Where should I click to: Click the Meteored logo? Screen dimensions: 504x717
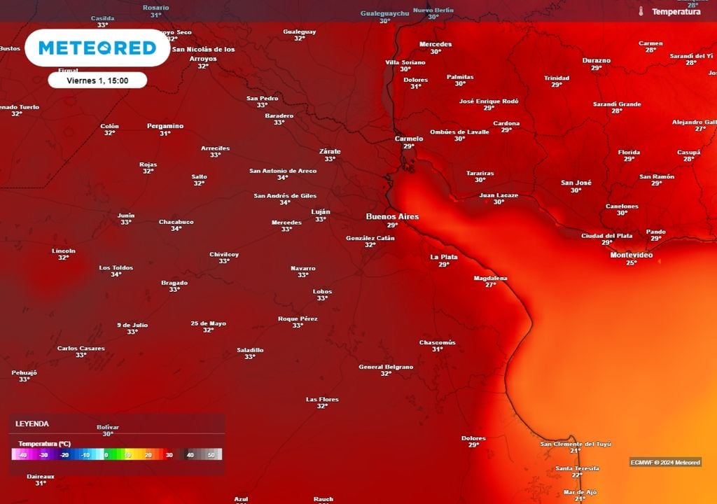[x=97, y=48]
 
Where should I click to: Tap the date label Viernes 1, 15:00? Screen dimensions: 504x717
[x=97, y=80]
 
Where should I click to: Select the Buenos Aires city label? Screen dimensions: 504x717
[x=392, y=217]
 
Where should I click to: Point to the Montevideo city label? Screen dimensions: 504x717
[x=632, y=255]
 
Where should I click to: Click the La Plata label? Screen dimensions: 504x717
[x=444, y=257]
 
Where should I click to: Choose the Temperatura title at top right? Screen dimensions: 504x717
[x=676, y=12]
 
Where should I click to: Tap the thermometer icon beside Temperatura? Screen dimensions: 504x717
[x=641, y=12]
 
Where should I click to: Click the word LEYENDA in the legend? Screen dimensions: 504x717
[x=32, y=424]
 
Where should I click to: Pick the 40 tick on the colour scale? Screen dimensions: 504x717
[x=190, y=455]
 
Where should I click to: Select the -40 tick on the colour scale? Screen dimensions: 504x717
[x=22, y=455]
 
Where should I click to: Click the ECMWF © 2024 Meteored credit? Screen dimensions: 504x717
[x=665, y=462]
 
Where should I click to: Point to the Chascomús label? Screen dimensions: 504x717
[x=438, y=342]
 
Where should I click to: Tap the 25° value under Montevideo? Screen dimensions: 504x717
[x=632, y=263]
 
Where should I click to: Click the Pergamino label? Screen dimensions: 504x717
[x=165, y=126]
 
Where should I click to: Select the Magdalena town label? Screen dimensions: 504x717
[x=490, y=278]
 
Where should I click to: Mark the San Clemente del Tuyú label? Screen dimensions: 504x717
[x=576, y=444]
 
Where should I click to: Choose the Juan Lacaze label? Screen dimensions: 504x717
[x=499, y=195]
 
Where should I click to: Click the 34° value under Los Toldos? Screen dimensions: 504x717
[x=116, y=274]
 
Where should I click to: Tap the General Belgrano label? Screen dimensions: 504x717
[x=386, y=367]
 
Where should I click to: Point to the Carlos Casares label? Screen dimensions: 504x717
[x=81, y=348]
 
